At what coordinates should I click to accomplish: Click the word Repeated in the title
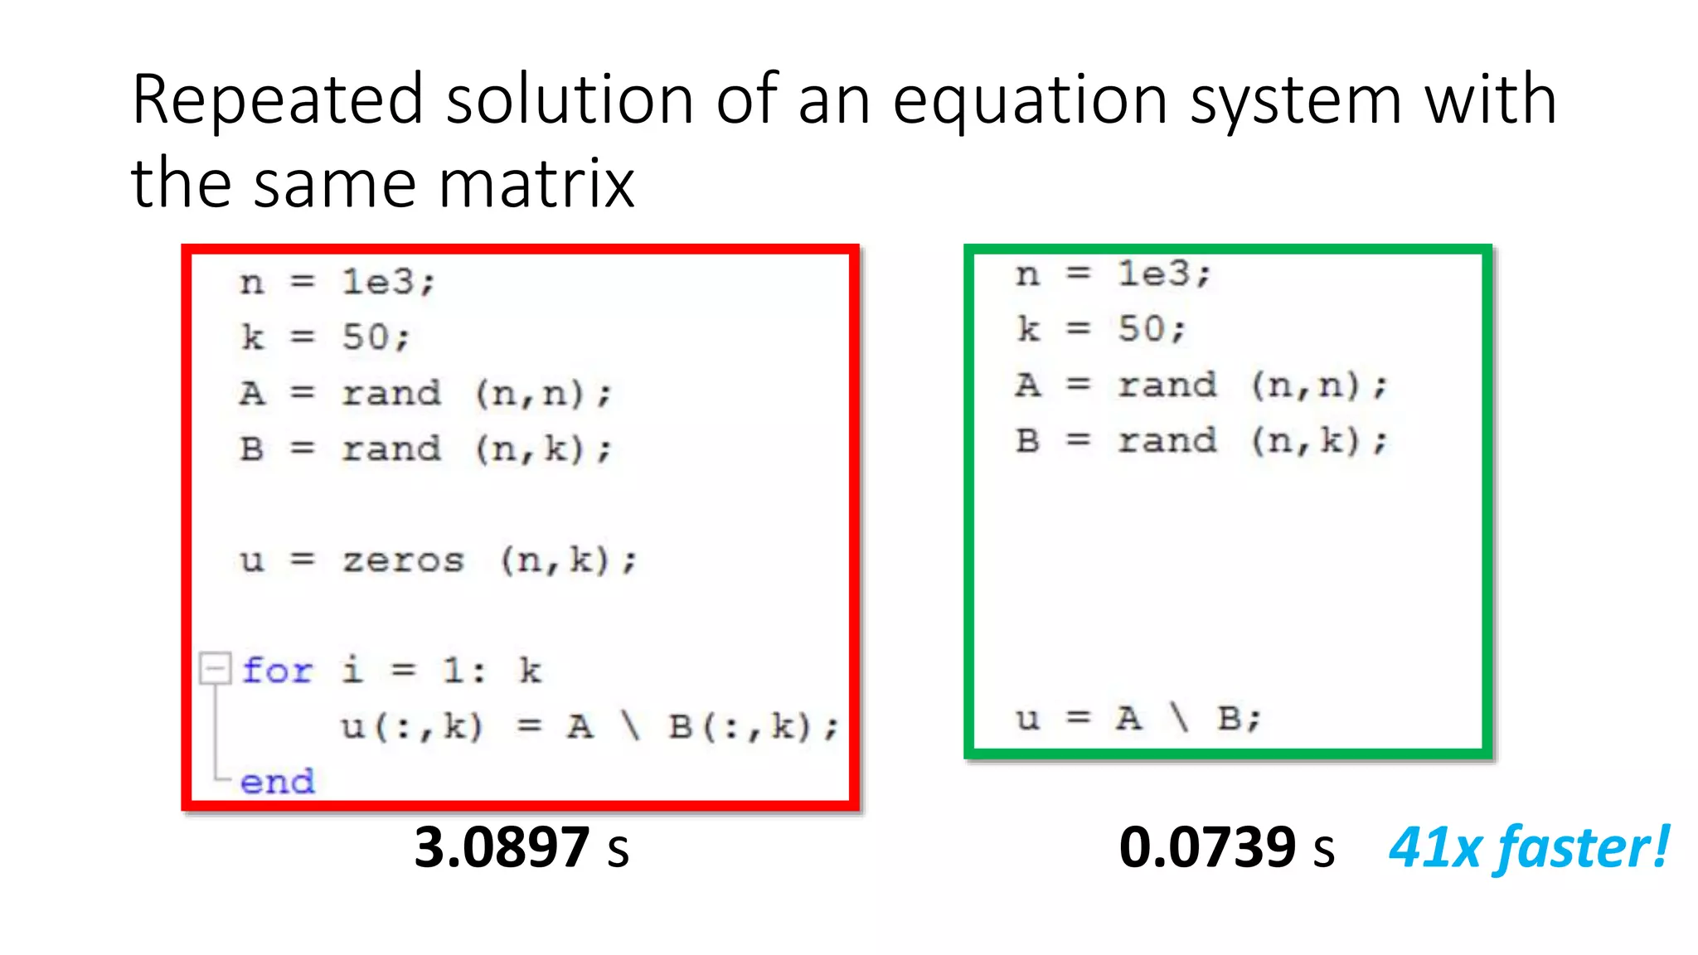278,101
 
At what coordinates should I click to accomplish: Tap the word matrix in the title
536,183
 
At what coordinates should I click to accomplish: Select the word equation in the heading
1031,101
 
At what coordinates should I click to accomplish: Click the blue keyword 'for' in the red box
277,670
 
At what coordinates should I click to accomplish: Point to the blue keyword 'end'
277,781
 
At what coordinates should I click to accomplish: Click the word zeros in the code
403,560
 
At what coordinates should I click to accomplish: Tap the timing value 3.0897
501,847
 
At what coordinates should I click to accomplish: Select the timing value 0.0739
1206,847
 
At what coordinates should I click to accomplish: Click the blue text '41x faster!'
1528,847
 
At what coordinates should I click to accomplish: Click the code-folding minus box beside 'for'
215,668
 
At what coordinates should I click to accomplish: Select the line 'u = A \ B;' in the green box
1138,718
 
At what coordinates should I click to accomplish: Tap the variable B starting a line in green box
1027,440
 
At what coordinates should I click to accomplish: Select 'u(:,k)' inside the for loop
411,727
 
